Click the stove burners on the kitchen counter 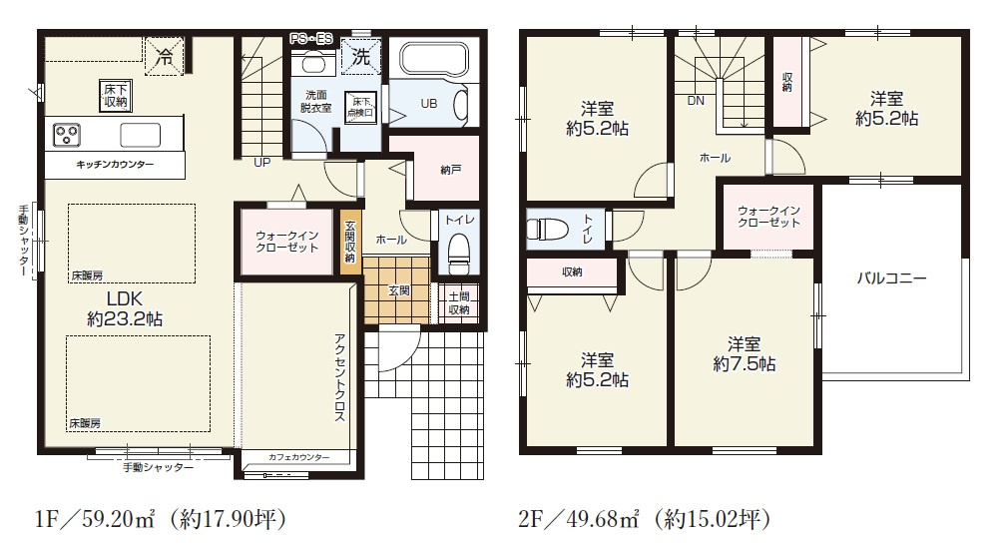(x=68, y=133)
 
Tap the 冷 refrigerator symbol (x=164, y=57)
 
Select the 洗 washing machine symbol (x=359, y=57)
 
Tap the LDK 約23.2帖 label (x=125, y=309)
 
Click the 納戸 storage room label (x=451, y=171)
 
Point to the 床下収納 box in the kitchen (x=115, y=96)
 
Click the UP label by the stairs (x=261, y=162)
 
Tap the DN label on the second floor (x=695, y=101)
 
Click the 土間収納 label (x=459, y=302)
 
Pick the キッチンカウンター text (x=115, y=163)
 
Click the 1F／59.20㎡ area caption (x=160, y=519)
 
